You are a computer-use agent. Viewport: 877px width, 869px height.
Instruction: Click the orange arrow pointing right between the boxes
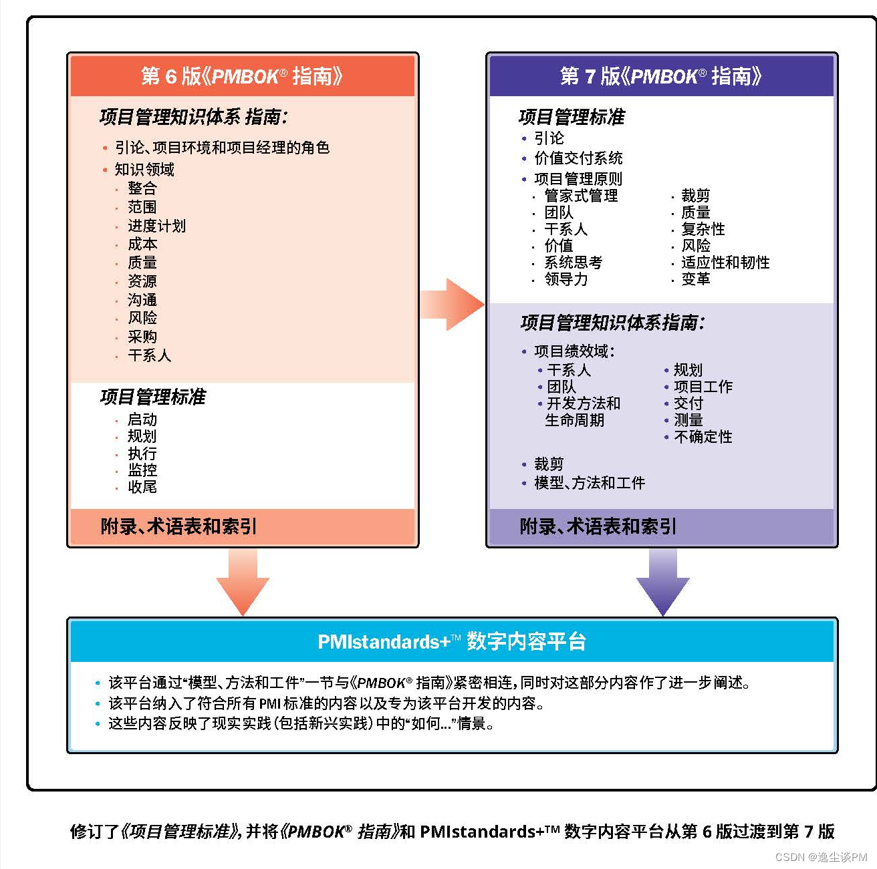click(452, 305)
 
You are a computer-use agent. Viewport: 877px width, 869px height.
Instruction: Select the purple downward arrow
click(662, 582)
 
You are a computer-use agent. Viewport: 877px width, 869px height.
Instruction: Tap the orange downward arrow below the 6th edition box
click(243, 582)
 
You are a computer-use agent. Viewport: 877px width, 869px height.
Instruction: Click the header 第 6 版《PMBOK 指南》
click(242, 76)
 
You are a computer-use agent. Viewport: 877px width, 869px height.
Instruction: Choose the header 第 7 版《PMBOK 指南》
click(661, 76)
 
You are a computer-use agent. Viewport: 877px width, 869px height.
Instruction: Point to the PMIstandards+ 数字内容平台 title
click(452, 641)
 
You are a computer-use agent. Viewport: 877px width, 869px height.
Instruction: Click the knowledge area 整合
click(142, 188)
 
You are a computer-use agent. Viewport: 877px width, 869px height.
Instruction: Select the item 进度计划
click(156, 226)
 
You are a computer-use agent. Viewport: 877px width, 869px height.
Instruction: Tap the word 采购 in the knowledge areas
click(142, 337)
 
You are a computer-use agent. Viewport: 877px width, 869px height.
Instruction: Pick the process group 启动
click(142, 419)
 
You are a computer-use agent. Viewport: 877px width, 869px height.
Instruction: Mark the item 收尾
click(142, 487)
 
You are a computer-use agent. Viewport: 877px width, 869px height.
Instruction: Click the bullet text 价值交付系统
click(578, 158)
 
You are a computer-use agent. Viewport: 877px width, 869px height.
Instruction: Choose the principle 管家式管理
click(581, 196)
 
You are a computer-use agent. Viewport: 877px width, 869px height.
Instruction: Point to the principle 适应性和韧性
click(725, 263)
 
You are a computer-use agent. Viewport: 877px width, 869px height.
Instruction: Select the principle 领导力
click(566, 279)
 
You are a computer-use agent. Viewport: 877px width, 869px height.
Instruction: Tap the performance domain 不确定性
click(703, 437)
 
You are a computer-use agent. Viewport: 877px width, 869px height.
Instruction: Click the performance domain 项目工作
click(703, 387)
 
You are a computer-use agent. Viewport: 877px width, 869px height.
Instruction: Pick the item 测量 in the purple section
click(688, 420)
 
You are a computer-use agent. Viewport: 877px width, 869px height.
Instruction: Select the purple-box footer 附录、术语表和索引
click(598, 526)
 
